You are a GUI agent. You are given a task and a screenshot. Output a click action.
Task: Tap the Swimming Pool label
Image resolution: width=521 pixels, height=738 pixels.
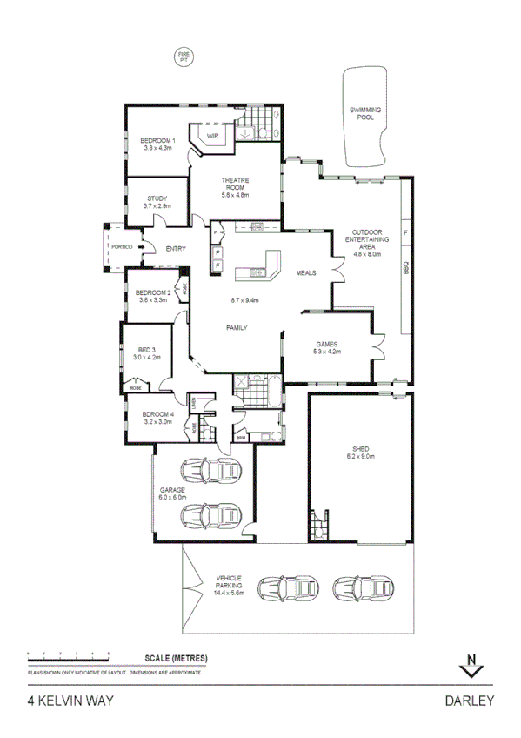365,112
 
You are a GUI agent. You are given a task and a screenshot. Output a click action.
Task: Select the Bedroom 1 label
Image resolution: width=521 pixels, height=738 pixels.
158,141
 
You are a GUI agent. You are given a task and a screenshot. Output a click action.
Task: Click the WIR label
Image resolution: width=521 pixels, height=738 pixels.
212,137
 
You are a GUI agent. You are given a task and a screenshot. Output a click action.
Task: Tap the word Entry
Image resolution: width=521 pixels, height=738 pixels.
176,250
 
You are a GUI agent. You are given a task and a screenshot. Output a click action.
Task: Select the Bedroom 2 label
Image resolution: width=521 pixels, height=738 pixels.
154,292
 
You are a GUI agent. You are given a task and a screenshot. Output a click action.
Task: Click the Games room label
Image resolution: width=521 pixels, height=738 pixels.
327,344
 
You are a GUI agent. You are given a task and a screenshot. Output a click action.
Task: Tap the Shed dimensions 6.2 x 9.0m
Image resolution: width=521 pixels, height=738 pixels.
359,455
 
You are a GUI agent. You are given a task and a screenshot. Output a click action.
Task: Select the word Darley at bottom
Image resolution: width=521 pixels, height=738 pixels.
469,700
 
